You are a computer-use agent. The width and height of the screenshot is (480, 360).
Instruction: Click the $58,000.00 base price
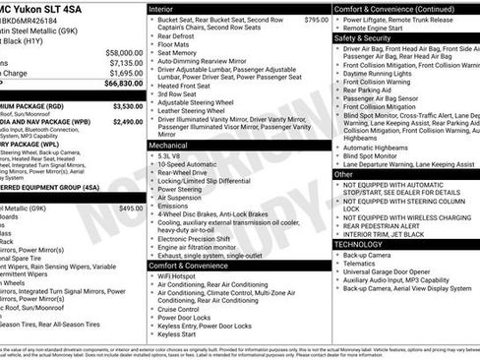pyautogui.click(x=123, y=52)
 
